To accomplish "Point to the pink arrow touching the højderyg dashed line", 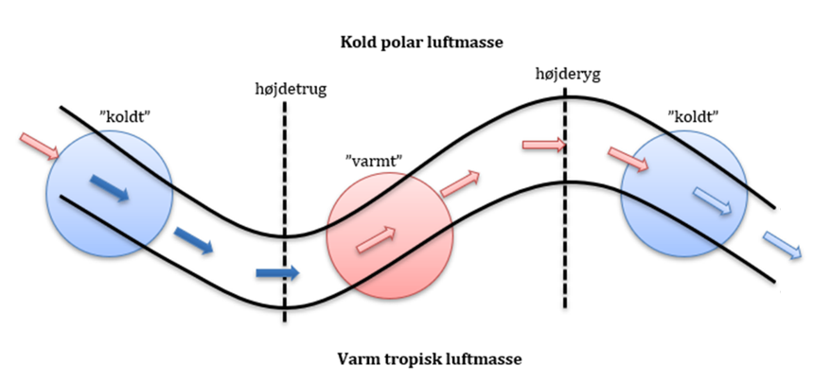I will (544, 146).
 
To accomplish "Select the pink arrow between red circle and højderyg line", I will (460, 182).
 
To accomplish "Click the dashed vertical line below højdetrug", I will (285, 208).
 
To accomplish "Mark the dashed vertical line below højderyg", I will (566, 208).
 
